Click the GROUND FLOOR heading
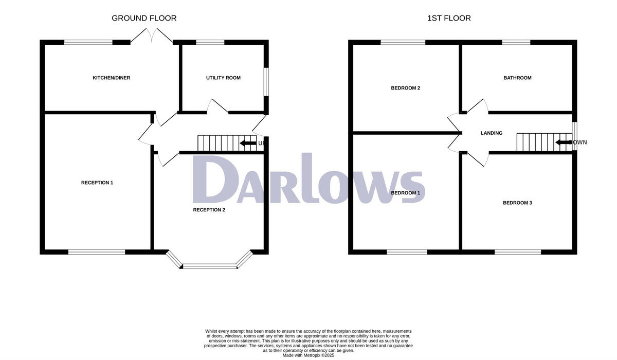click(x=144, y=18)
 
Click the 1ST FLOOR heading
click(x=449, y=18)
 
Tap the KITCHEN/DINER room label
click(x=111, y=78)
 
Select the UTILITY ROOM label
click(x=223, y=78)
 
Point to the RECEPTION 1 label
click(x=97, y=183)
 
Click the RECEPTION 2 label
click(x=209, y=210)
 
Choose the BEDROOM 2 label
click(x=406, y=88)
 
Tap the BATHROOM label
click(x=517, y=78)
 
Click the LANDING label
click(x=492, y=133)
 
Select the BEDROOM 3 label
click(x=517, y=203)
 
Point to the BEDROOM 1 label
click(x=406, y=193)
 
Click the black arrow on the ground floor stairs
click(x=248, y=143)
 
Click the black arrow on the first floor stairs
click(x=564, y=142)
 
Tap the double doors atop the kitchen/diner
click(x=151, y=36)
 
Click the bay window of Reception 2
click(x=209, y=266)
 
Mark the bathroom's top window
click(x=516, y=42)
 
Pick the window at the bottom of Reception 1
click(x=97, y=251)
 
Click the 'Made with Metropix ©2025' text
click(x=308, y=355)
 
